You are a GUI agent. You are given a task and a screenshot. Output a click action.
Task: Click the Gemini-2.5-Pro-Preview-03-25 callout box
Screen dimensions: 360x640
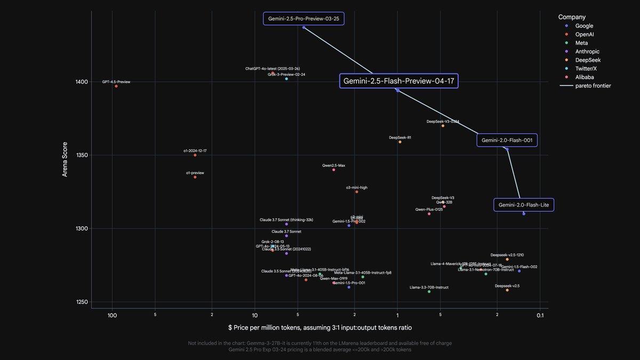pyautogui.click(x=303, y=19)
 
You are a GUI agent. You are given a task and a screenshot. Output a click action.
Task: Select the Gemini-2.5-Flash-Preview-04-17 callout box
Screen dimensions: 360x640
pyautogui.click(x=399, y=81)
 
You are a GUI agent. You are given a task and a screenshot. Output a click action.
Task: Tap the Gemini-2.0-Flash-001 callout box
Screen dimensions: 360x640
pyautogui.click(x=507, y=140)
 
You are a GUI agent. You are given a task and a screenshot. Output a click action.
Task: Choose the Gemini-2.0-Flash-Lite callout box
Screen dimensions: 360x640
pyautogui.click(x=524, y=205)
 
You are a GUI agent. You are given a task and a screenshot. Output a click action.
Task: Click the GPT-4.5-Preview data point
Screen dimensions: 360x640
pyautogui.click(x=116, y=86)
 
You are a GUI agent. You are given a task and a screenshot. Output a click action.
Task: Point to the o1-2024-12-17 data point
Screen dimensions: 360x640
pyautogui.click(x=195, y=155)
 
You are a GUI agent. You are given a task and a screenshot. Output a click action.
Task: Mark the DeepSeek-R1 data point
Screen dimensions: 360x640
pyautogui.click(x=400, y=142)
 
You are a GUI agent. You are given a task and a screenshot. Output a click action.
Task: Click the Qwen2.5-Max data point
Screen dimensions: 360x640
pyautogui.click(x=334, y=170)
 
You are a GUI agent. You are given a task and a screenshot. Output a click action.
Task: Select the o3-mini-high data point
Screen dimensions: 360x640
pyautogui.click(x=357, y=191)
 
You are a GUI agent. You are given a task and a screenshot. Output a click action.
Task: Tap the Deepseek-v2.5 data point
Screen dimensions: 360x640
pyautogui.click(x=507, y=290)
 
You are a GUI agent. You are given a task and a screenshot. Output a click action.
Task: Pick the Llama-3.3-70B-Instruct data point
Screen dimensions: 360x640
pyautogui.click(x=429, y=291)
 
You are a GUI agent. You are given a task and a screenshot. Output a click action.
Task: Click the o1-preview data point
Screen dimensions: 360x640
pyautogui.click(x=195, y=177)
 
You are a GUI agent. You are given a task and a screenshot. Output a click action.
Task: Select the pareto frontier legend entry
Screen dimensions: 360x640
pyautogui.click(x=589, y=86)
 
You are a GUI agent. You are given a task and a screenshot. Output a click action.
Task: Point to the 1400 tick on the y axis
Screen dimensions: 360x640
pyautogui.click(x=81, y=82)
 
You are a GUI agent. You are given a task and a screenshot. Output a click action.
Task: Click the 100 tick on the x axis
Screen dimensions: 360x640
pyautogui.click(x=112, y=315)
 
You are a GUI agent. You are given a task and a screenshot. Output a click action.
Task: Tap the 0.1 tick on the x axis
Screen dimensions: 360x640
pyautogui.click(x=540, y=315)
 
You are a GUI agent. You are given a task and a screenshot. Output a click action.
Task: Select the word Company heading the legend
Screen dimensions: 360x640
pyautogui.click(x=572, y=17)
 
